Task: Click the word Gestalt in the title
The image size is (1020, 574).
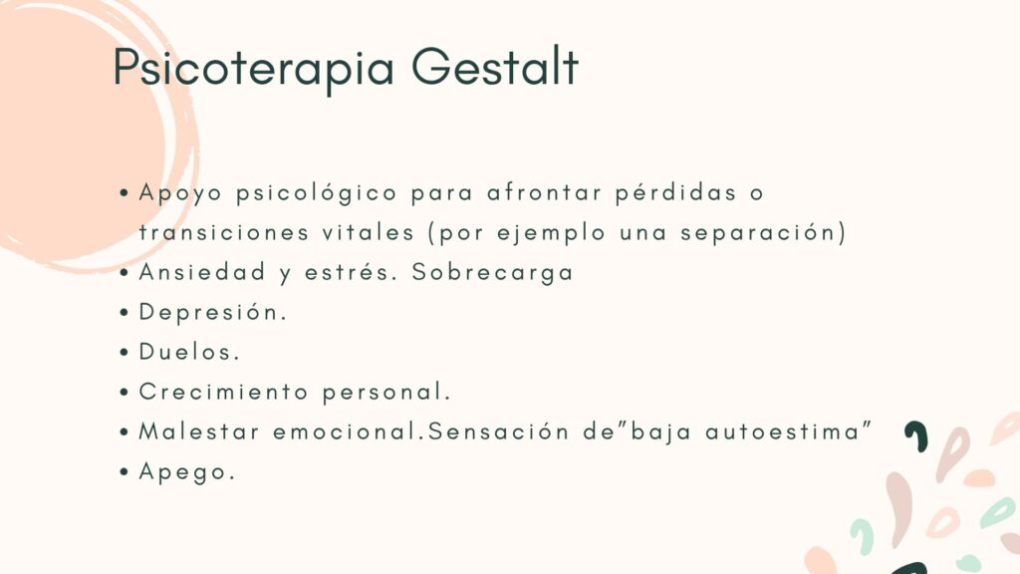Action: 495,66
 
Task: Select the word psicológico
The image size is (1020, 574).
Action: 317,194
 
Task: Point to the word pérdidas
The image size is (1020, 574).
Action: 676,193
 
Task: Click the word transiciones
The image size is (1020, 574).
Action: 224,232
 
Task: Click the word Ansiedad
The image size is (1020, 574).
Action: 202,272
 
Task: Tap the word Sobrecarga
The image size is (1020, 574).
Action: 492,273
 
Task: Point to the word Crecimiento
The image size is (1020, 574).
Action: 223,392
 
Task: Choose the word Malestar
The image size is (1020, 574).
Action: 199,431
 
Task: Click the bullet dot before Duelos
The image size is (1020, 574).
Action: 125,353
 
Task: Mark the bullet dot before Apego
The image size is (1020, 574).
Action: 125,471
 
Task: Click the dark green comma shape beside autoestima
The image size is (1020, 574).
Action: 916,436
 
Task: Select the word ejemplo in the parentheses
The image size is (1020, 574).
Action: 551,233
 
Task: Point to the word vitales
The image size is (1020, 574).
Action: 369,232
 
